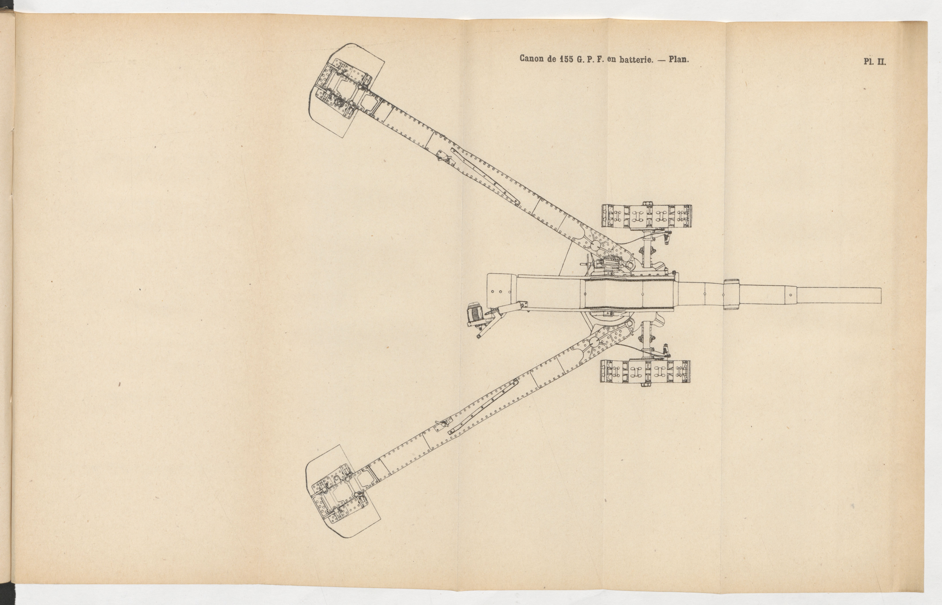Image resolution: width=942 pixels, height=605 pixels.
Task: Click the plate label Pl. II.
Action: coord(875,62)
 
